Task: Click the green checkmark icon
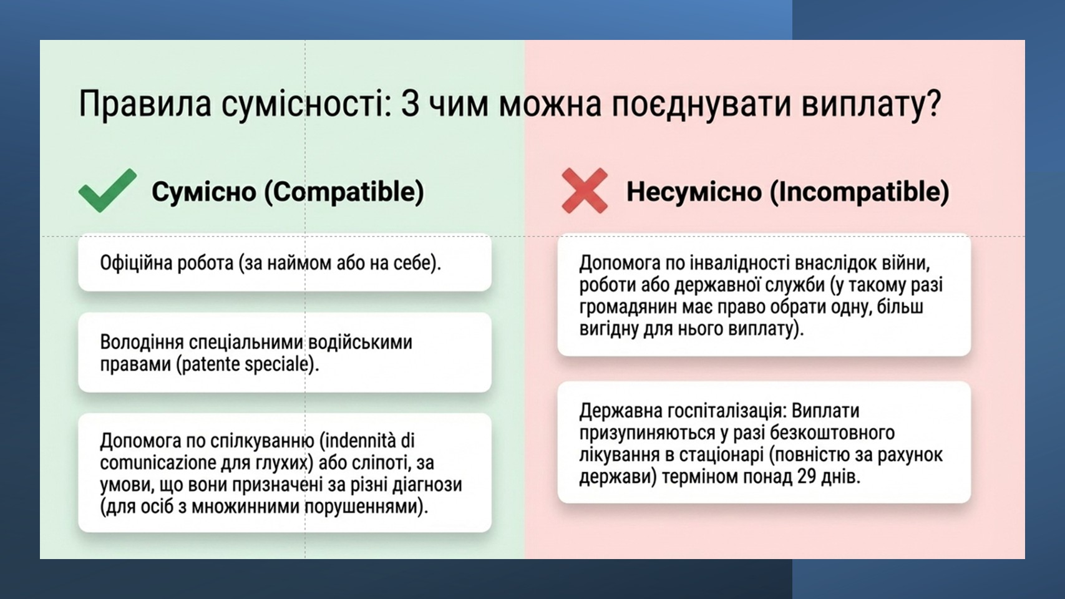coord(107,190)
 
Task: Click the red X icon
coord(585,191)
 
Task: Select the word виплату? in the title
coord(871,105)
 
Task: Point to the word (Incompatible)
coord(859,192)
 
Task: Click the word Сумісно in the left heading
coord(204,192)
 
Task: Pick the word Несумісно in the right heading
coord(694,192)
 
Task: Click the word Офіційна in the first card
coord(136,263)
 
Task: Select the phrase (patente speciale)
coord(247,364)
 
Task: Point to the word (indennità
coord(359,441)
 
